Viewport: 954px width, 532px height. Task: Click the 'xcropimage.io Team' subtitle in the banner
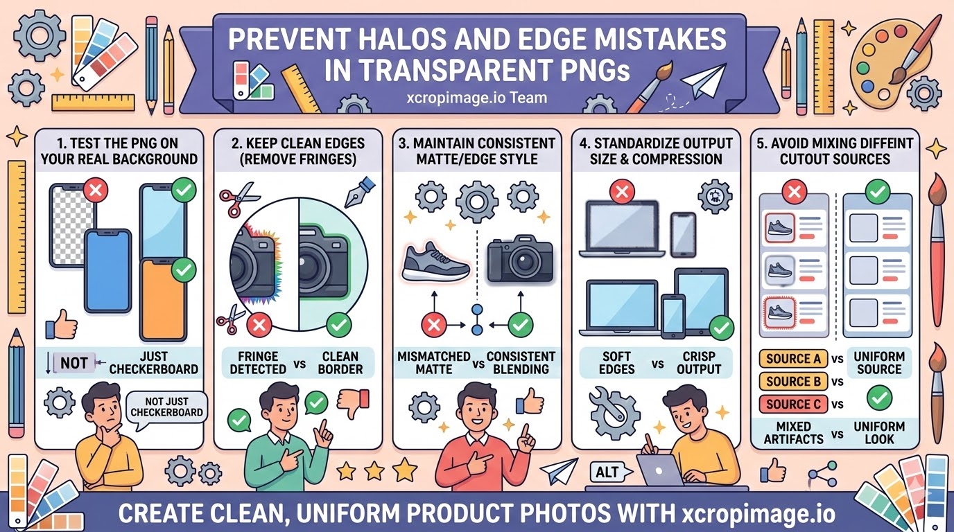point(477,97)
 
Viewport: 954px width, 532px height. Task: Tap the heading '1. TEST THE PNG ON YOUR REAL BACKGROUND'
point(119,150)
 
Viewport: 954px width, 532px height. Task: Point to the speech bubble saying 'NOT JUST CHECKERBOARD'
point(166,406)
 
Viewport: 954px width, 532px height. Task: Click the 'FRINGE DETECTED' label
point(258,363)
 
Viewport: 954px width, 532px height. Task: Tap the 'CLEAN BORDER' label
point(340,363)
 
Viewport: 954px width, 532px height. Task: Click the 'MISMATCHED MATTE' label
point(433,363)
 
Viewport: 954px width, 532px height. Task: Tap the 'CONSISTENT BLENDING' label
point(521,363)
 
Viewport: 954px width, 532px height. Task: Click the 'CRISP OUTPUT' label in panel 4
point(699,363)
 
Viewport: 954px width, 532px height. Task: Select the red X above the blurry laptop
point(621,191)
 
